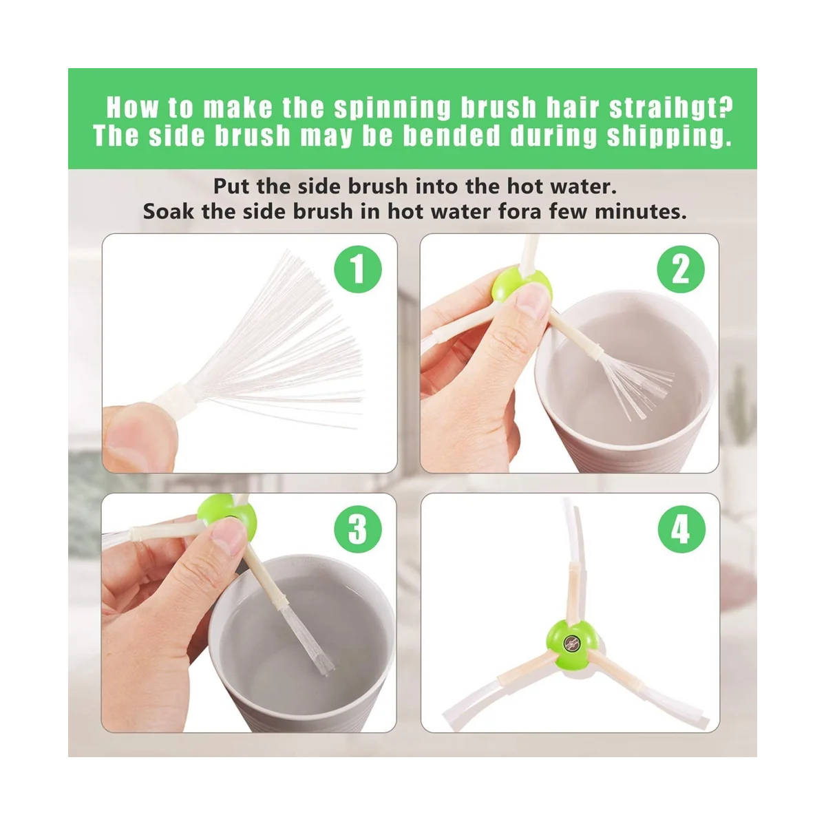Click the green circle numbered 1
coord(357,269)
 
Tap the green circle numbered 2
coord(681,269)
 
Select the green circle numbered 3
coord(357,529)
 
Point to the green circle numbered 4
coord(681,529)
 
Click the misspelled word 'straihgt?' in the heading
coord(671,107)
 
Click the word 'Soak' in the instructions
coord(168,211)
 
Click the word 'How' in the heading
coord(132,107)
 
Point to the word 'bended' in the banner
coord(452,136)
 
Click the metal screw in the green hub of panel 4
coord(571,642)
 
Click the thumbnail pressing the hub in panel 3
coord(228,536)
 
